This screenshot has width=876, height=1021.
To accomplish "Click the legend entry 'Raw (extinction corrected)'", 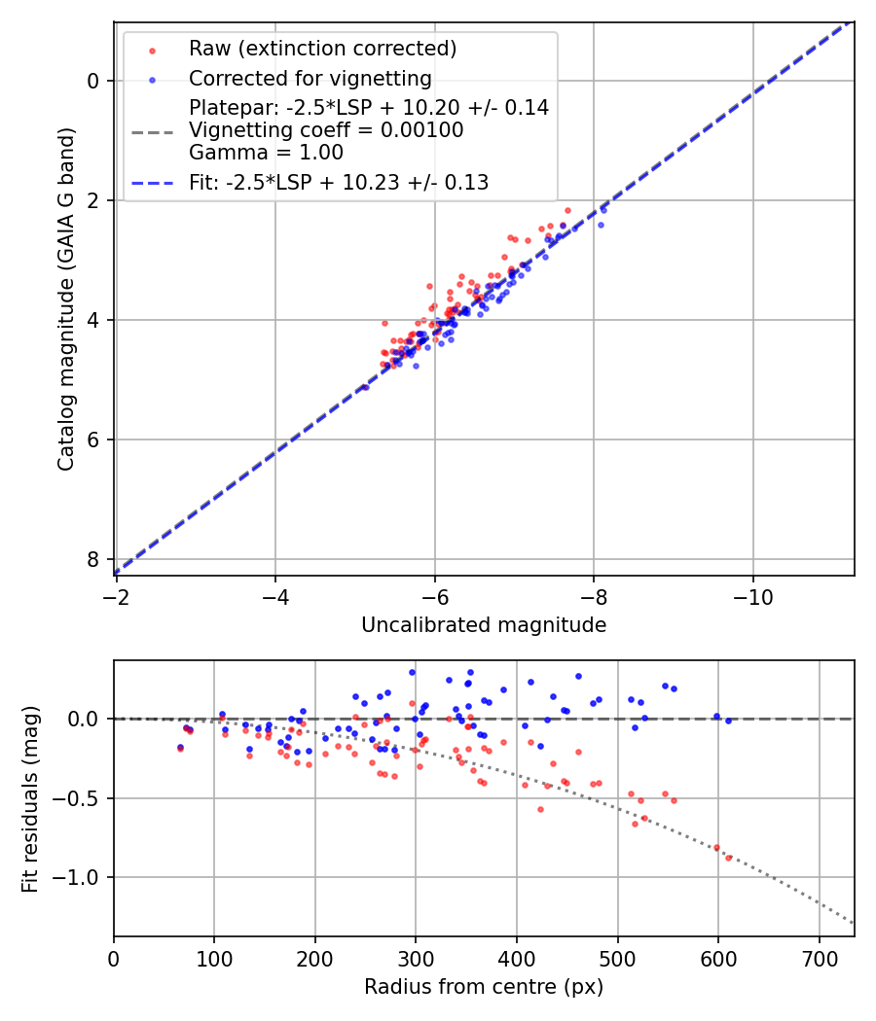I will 322,49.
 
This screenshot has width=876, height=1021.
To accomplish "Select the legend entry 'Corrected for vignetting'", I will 310,79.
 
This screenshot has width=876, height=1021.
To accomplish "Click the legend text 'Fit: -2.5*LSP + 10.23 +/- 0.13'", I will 339,182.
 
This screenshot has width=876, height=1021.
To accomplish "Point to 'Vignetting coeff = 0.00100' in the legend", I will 326,130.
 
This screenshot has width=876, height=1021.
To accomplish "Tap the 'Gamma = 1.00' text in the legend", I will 266,153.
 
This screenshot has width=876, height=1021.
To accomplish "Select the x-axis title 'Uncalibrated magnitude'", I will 484,625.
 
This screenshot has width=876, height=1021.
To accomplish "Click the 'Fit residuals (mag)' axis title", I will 30,798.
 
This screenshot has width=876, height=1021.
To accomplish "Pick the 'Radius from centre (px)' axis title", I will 484,987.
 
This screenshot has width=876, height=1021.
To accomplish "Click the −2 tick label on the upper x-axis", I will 115,595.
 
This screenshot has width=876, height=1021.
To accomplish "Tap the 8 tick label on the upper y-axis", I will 93,559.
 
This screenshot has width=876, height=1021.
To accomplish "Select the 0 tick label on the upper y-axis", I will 93,81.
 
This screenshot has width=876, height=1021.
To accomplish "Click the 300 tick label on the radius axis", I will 416,957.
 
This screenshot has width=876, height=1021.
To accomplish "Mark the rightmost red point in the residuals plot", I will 728,858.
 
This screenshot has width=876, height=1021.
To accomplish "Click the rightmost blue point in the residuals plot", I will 728,721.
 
